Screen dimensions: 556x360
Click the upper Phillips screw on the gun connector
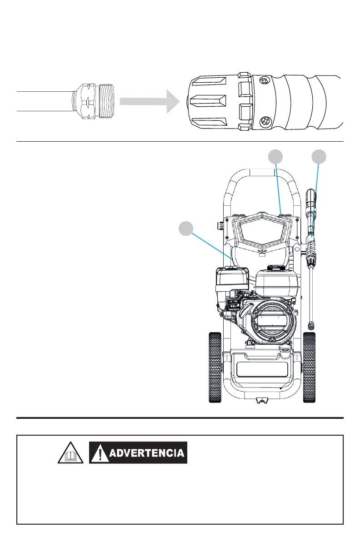(x=264, y=81)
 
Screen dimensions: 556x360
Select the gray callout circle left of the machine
(x=185, y=228)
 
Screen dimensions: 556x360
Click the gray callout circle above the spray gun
(x=319, y=157)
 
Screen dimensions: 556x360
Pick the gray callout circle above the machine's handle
(x=275, y=157)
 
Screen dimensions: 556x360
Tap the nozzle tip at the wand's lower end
(x=311, y=325)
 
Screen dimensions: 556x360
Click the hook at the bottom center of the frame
(x=261, y=399)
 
